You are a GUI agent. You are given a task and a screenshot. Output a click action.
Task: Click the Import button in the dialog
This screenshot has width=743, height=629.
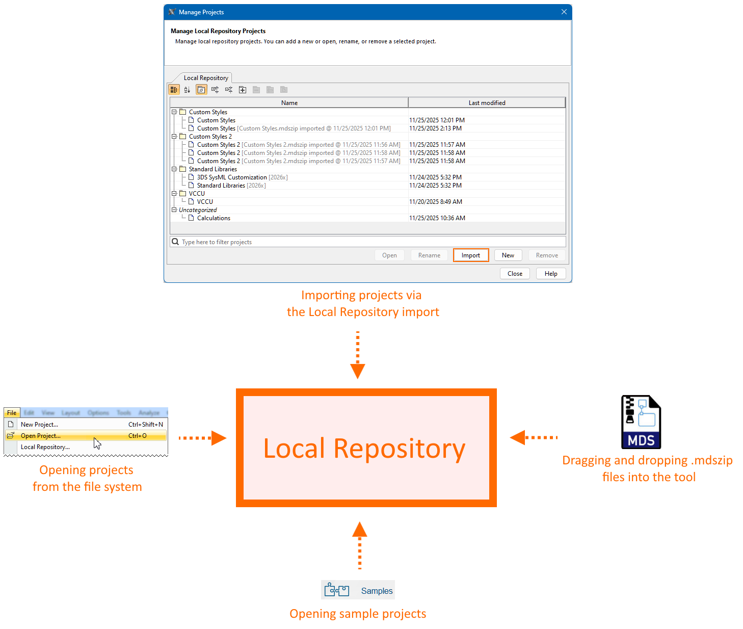(x=471, y=255)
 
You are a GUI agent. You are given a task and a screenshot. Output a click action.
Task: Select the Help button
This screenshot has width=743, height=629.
(x=550, y=274)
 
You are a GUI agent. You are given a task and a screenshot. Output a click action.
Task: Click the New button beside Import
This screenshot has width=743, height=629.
(x=508, y=255)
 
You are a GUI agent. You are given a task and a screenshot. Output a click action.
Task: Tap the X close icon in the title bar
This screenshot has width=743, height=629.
(x=564, y=12)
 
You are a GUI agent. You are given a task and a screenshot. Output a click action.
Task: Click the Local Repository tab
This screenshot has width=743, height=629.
(x=205, y=78)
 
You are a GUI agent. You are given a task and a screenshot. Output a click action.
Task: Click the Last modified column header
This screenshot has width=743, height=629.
(x=487, y=103)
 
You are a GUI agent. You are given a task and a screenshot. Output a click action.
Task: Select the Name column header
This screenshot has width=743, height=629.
(x=289, y=103)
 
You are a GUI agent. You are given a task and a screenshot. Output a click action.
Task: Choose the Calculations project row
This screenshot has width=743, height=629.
(x=214, y=218)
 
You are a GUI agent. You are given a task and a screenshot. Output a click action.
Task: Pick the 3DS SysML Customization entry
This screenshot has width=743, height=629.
(x=232, y=177)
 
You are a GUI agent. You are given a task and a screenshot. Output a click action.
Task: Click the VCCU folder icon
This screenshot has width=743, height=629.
(x=183, y=194)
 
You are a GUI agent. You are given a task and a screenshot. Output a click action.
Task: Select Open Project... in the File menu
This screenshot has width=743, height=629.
(x=41, y=436)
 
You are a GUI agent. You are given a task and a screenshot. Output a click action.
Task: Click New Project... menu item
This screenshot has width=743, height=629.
(x=39, y=425)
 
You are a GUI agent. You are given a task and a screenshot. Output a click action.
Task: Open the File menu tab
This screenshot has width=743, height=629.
(x=12, y=413)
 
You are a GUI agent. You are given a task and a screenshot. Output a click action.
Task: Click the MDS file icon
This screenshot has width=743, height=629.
(x=641, y=422)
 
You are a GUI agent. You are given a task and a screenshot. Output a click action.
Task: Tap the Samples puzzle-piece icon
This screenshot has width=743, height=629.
(x=337, y=590)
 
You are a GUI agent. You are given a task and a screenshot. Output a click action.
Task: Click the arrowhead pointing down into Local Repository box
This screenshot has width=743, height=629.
(x=358, y=371)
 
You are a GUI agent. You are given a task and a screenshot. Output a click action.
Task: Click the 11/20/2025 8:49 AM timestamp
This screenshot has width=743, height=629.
(x=436, y=202)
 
